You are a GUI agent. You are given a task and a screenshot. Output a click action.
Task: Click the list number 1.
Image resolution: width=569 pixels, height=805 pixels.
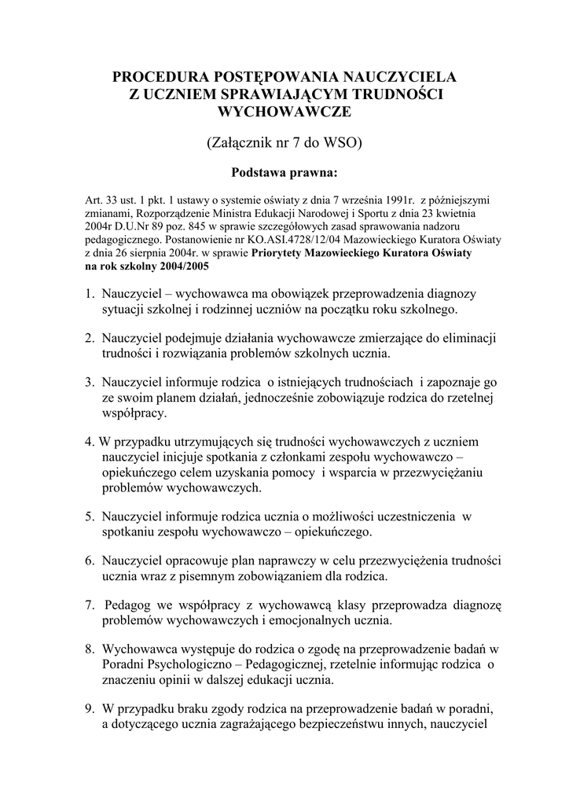coord(90,294)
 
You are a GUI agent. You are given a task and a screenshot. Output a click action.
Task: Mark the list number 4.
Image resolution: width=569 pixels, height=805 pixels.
coord(90,442)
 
